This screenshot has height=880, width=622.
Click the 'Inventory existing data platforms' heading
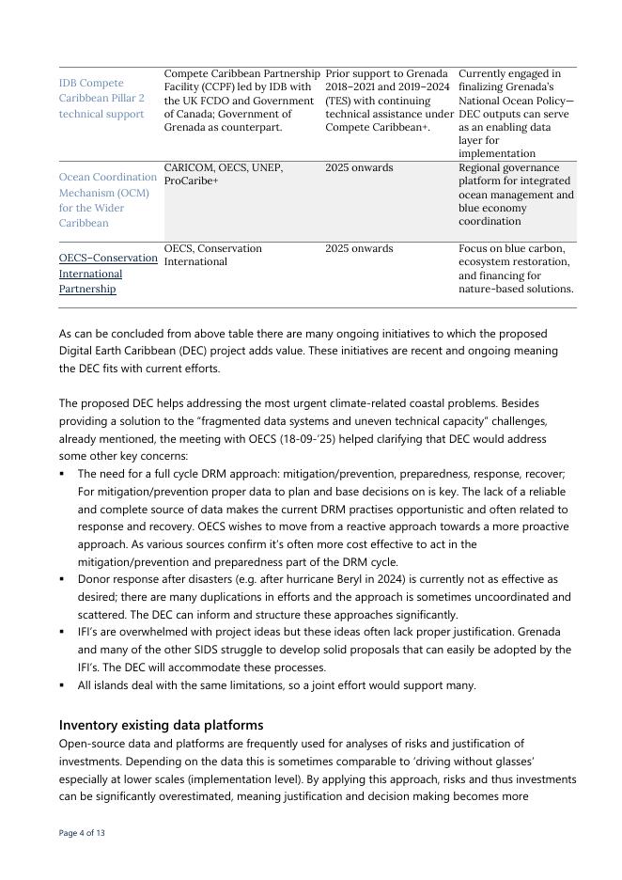(161, 725)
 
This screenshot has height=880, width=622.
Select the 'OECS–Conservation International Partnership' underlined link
(107, 273)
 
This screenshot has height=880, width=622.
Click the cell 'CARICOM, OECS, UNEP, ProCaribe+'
(224, 174)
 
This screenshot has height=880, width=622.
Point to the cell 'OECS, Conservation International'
(213, 255)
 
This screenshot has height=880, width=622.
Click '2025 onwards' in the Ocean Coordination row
(359, 167)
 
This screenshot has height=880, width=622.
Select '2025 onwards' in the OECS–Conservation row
(359, 248)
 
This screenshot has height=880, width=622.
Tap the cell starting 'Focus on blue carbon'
(515, 268)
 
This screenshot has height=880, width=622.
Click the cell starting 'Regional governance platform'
(515, 194)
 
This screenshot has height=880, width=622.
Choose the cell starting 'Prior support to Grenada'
(389, 100)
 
